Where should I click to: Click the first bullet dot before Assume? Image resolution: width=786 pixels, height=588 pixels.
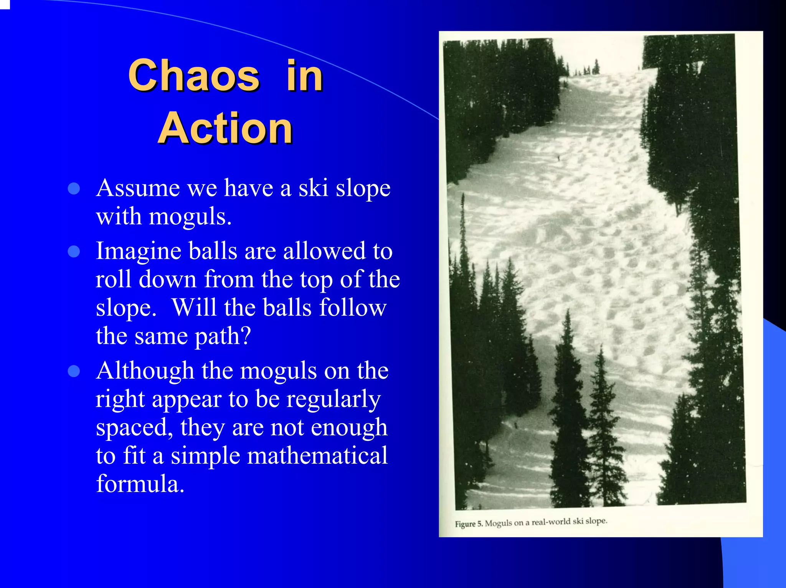tap(74, 188)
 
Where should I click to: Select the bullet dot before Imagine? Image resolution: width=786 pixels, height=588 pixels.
tap(74, 252)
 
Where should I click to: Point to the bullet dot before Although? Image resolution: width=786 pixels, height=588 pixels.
tap(74, 371)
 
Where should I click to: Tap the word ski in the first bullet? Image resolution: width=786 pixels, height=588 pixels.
tap(313, 188)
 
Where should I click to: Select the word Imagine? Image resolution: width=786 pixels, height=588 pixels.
tap(139, 252)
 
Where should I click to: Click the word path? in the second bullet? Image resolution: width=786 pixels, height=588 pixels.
tap(223, 336)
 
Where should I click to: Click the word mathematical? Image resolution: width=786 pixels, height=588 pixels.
tap(317, 456)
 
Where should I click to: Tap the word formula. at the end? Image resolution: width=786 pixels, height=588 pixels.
tap(140, 484)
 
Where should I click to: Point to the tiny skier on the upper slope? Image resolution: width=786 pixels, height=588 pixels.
tap(558, 157)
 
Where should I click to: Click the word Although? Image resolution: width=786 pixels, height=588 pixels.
tap(145, 371)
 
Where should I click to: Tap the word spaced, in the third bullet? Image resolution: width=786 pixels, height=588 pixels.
tap(134, 427)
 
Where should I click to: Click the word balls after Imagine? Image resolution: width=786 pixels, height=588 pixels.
tap(213, 252)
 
